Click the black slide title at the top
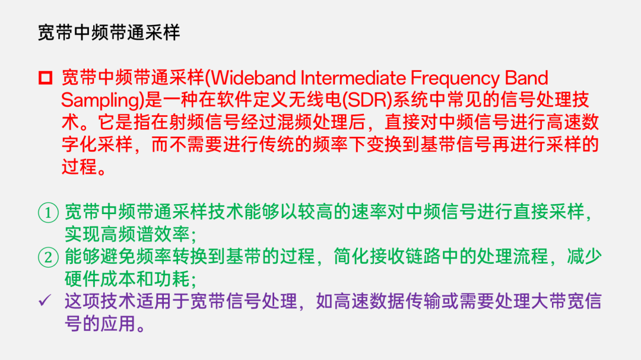click(x=109, y=33)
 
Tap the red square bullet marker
click(x=45, y=78)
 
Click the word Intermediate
click(x=353, y=78)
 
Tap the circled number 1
click(x=48, y=213)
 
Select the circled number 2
click(x=48, y=257)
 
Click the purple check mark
click(x=45, y=301)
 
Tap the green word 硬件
click(x=82, y=279)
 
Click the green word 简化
click(x=351, y=257)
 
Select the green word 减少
click(x=584, y=257)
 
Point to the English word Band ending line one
click(x=526, y=78)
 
